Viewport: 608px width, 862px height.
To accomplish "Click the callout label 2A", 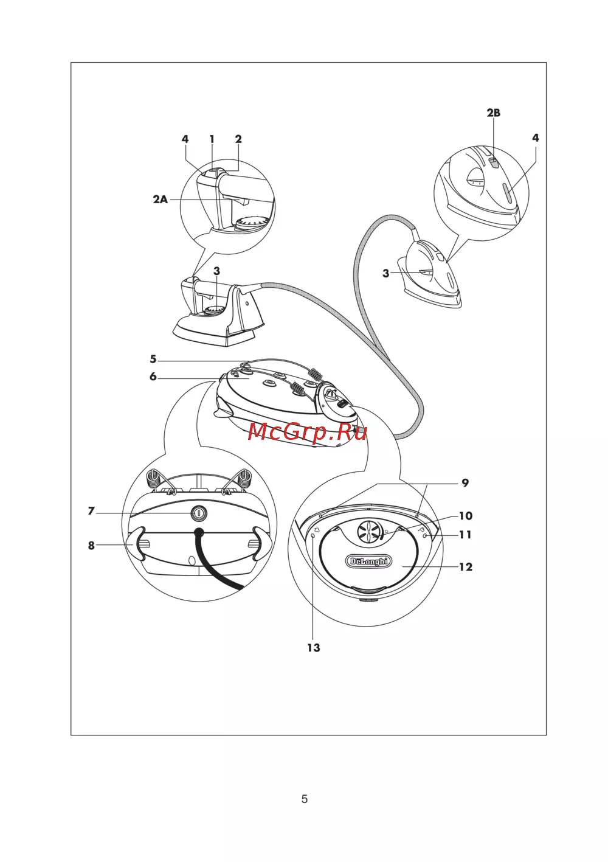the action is point(161,200).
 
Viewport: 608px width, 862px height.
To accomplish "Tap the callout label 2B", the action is point(494,113).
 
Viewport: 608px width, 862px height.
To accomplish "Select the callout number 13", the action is point(313,648).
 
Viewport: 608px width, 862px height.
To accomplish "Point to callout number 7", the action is point(91,511).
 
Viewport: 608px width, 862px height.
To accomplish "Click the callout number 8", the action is point(91,545).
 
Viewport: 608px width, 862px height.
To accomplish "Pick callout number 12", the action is point(465,567).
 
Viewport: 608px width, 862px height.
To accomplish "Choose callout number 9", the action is point(465,482).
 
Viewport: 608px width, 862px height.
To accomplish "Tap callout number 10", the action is point(465,516).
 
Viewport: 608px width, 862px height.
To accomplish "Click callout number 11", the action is point(465,535).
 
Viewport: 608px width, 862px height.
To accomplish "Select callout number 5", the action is point(153,359).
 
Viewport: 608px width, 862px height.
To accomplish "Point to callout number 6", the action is point(153,377).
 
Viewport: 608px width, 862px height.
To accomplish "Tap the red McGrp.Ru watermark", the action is point(307,432).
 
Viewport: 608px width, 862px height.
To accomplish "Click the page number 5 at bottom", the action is point(304,799).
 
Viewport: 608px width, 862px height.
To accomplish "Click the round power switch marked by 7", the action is point(198,513).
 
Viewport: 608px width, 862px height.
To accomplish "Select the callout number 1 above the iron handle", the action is point(212,139).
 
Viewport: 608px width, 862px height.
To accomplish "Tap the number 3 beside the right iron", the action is point(385,273).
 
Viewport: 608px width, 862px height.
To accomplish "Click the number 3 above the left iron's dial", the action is point(216,271).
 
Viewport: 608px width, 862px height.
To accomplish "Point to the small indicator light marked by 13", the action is point(313,536).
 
